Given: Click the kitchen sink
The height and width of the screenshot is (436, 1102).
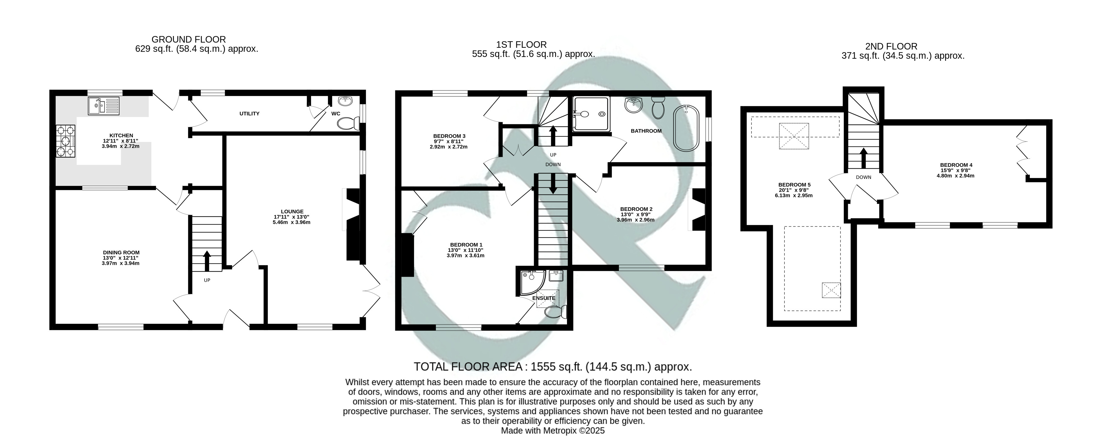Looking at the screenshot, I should [x=104, y=106].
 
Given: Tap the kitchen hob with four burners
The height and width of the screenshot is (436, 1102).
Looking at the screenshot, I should [x=66, y=141].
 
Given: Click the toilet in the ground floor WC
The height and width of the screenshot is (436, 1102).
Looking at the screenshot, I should [x=348, y=124].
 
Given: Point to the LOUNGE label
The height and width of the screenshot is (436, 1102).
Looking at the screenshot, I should [x=292, y=211].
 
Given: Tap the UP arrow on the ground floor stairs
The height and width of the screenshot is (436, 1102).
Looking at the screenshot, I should [x=207, y=261].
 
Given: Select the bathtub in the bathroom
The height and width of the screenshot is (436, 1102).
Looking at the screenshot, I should [x=686, y=128].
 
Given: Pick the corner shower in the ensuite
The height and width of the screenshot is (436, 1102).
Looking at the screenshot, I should [x=532, y=282].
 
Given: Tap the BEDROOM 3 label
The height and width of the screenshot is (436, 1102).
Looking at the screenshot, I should [x=449, y=136].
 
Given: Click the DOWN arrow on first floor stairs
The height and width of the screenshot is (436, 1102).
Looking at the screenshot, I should [x=553, y=184].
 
